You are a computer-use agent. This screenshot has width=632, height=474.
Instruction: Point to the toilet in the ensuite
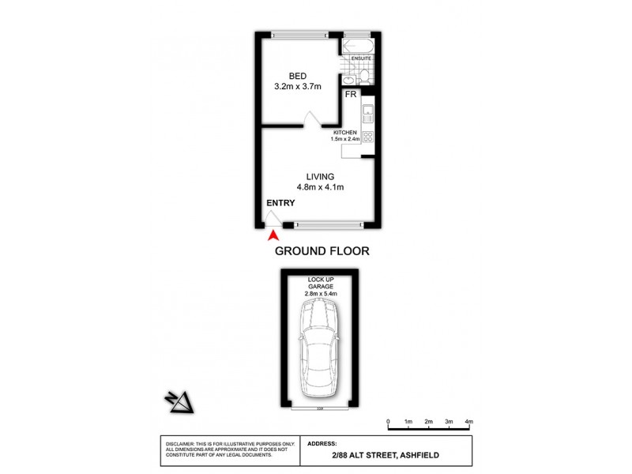pyautogui.click(x=364, y=75)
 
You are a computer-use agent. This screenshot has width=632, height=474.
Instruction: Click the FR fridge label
pyautogui.click(x=352, y=94)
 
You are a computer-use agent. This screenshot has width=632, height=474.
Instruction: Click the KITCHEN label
pyautogui.click(x=345, y=132)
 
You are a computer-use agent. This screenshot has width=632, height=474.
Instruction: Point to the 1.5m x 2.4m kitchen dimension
pyautogui.click(x=345, y=140)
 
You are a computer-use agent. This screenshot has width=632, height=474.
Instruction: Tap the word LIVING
pyautogui.click(x=321, y=176)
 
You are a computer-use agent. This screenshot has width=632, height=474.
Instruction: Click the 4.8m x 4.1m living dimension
pyautogui.click(x=321, y=187)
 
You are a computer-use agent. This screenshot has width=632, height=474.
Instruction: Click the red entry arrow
pyautogui.click(x=273, y=234)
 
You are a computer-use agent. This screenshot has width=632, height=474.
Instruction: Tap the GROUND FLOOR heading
pyautogui.click(x=322, y=251)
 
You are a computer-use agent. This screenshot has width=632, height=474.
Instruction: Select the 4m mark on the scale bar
pyautogui.click(x=468, y=423)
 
